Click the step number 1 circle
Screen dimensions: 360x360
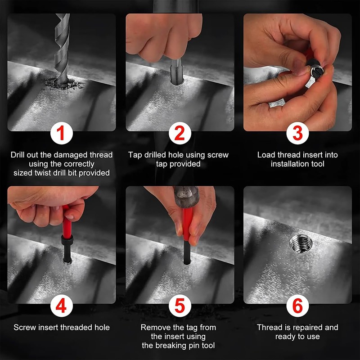coord(62,133)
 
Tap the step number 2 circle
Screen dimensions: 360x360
coord(180,133)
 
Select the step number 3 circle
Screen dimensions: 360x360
coord(297,133)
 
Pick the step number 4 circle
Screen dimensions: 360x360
coord(62,306)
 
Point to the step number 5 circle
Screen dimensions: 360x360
coord(180,306)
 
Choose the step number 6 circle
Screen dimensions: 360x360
coord(297,306)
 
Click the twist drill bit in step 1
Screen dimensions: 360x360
coord(62,48)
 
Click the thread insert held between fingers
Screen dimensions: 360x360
coord(317,70)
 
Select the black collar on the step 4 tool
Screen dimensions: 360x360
coord(67,240)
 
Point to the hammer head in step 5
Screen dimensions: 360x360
coord(186,197)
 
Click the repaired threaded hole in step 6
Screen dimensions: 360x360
coord(301,243)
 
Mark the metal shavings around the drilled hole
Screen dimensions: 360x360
coord(63,84)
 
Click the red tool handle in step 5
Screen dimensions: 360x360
coord(187,224)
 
